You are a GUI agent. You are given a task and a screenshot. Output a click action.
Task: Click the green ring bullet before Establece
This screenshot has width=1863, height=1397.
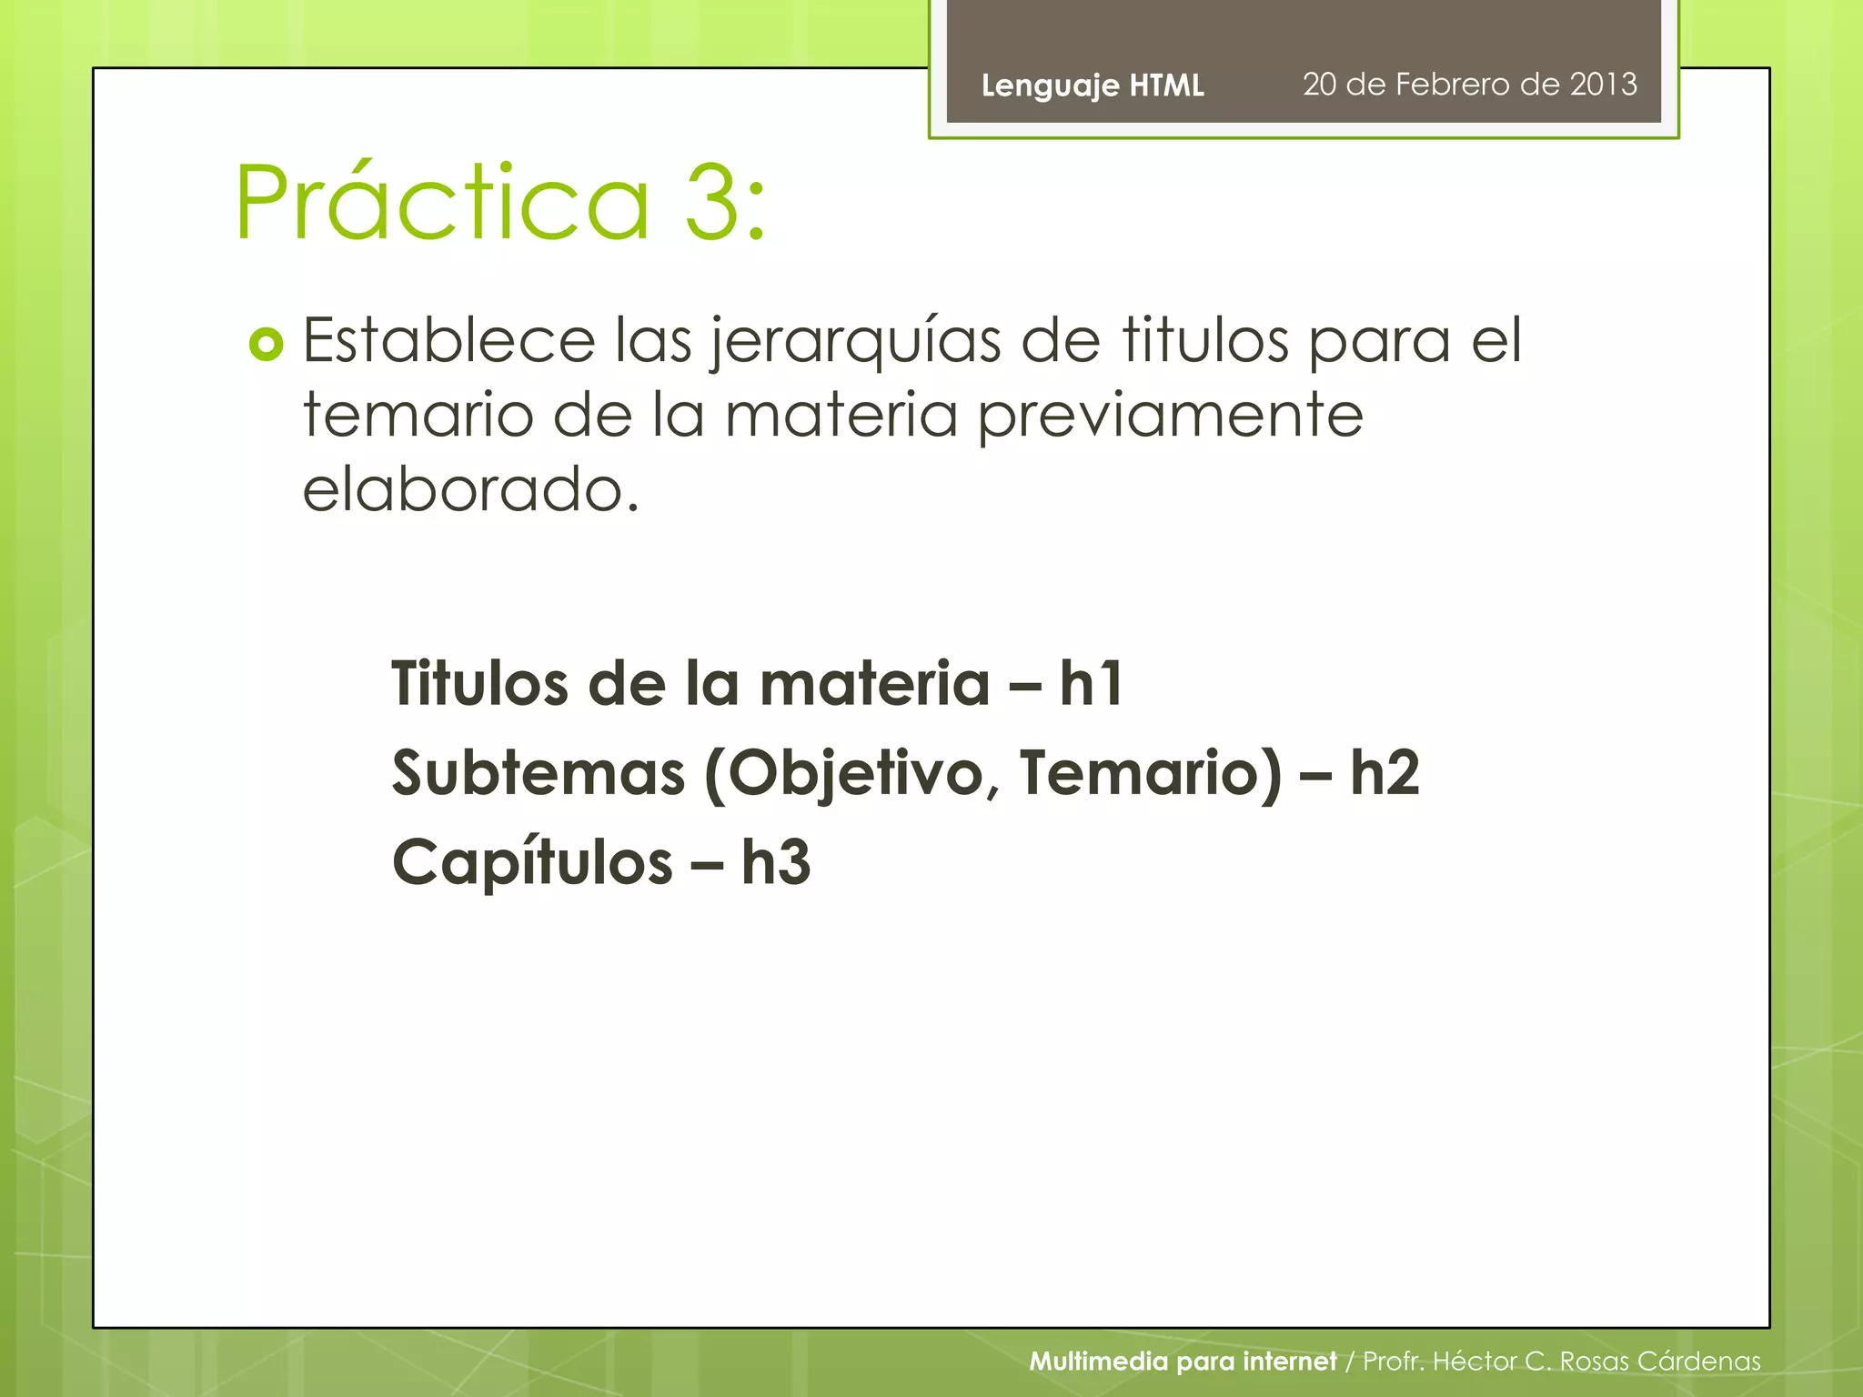(x=266, y=344)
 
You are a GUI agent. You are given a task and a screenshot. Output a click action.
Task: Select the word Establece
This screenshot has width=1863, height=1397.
(x=448, y=340)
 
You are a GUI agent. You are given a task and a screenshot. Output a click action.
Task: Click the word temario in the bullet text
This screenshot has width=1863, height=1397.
(x=418, y=415)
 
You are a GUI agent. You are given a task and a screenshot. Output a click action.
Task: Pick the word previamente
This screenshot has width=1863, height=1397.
(x=1170, y=417)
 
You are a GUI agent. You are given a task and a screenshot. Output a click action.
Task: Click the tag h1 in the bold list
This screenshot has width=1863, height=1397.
(x=1092, y=683)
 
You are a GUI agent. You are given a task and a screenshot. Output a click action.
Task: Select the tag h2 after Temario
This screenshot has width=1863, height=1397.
(x=1384, y=772)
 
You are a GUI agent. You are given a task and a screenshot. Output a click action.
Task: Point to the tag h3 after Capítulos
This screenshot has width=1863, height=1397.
(x=775, y=861)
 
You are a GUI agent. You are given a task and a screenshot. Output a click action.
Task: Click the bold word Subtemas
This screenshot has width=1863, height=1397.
(x=538, y=772)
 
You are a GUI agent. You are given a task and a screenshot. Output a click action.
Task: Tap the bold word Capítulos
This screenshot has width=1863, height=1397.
(x=532, y=861)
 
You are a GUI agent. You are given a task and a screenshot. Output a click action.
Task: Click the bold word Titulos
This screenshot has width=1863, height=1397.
(x=479, y=683)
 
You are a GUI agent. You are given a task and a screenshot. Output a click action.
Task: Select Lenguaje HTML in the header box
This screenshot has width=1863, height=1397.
(x=1092, y=85)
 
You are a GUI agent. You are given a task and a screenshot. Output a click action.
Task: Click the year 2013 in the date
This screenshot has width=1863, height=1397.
(x=1603, y=84)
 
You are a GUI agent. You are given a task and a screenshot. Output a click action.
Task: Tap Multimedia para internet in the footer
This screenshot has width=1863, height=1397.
(x=1182, y=1361)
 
